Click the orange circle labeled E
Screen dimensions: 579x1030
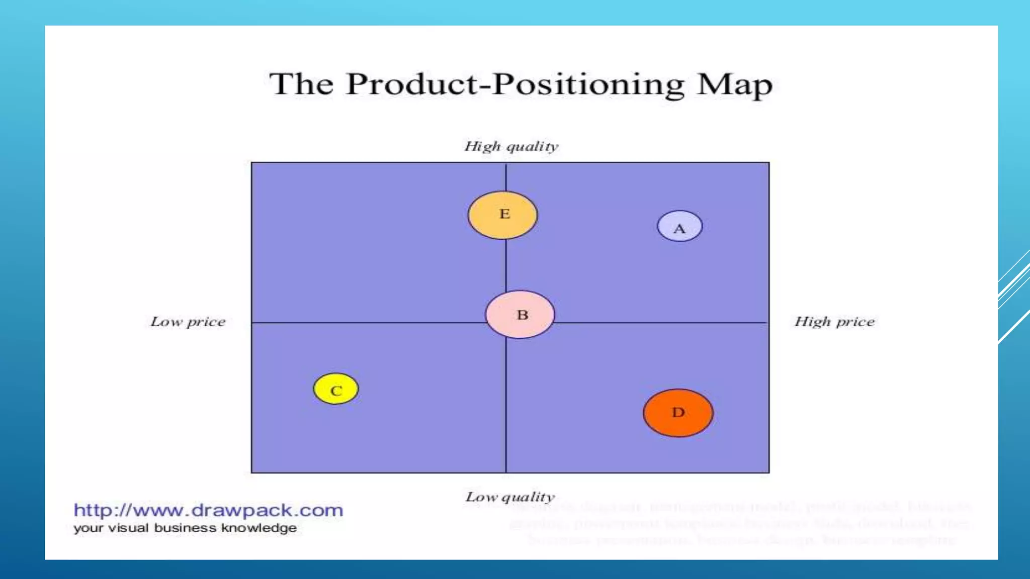click(502, 215)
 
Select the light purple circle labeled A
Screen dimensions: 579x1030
click(679, 226)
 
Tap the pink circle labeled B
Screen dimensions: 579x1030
click(520, 315)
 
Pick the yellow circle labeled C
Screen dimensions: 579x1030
click(336, 389)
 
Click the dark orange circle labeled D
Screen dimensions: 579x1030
click(678, 413)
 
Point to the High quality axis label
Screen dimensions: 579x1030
click(511, 146)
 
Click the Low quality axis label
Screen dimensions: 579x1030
click(510, 497)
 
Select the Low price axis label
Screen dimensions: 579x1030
click(188, 322)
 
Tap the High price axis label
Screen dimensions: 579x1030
click(834, 322)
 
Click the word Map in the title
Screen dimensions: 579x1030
click(734, 84)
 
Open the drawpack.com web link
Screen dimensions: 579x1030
click(208, 510)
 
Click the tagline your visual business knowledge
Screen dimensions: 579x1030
click(185, 528)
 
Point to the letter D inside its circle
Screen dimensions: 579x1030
click(678, 413)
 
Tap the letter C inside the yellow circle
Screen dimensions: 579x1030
click(336, 391)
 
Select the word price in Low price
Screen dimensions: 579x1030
click(206, 322)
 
